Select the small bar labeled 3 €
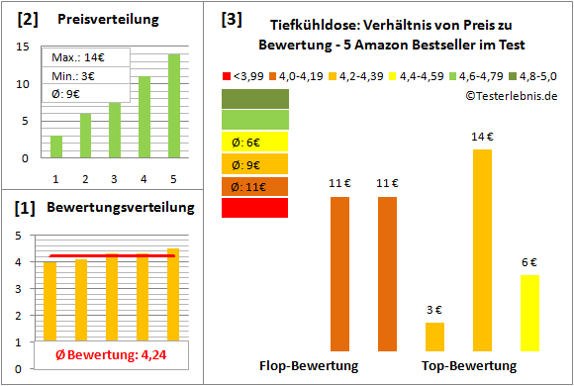434,337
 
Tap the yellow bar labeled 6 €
529,313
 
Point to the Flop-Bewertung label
309,365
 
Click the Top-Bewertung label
469,365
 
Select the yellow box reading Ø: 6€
254,142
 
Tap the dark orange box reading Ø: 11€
254,185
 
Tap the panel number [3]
231,18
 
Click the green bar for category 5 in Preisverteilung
174,105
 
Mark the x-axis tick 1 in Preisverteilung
55,178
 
